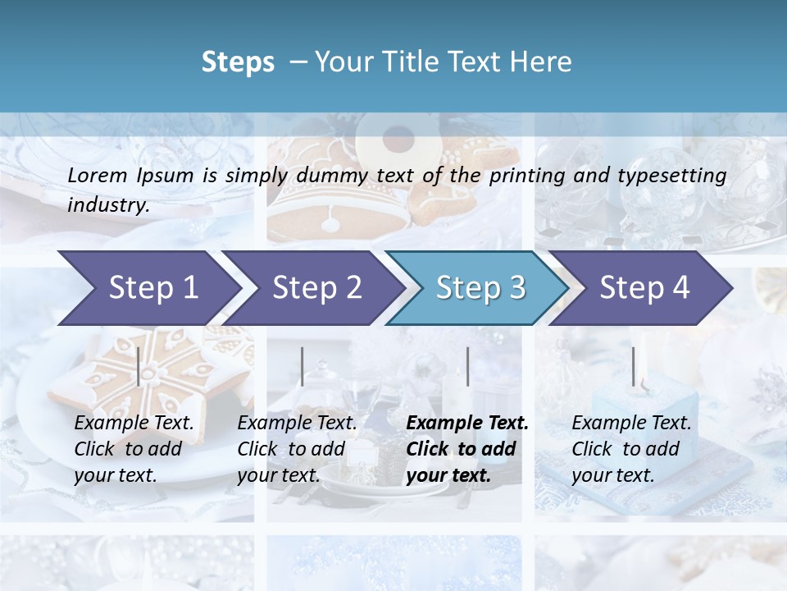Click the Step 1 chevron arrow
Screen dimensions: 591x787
(148, 288)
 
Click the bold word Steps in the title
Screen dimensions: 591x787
(238, 62)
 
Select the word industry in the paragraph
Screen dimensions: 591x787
(108, 204)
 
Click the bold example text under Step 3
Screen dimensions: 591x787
(466, 449)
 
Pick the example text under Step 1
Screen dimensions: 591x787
(134, 449)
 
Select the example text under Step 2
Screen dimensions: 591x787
(297, 449)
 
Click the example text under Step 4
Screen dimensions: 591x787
(631, 449)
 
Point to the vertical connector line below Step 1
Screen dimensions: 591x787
(139, 366)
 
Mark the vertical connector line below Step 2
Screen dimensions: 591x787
(303, 366)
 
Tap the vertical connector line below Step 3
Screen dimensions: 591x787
(467, 366)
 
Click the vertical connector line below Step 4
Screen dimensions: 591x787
(633, 366)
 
